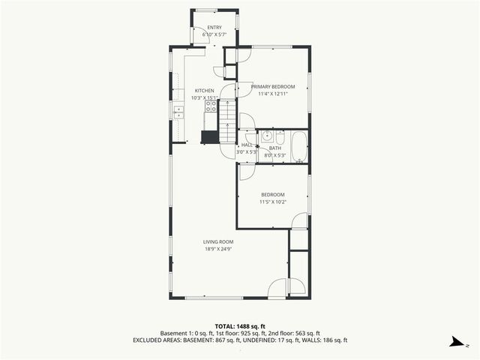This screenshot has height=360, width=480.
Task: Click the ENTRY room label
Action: coord(214,28)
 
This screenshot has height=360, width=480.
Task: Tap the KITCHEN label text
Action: coord(205,91)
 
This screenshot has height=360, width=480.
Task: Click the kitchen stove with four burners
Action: coord(210,106)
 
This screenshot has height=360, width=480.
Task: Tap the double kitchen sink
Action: coord(178,112)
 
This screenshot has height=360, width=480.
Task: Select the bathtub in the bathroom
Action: coord(298,148)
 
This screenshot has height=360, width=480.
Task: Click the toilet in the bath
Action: coord(280,139)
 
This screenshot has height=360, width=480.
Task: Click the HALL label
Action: coord(247,145)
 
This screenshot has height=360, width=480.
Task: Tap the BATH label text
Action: coord(274,148)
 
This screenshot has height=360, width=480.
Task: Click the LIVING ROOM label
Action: coord(218,241)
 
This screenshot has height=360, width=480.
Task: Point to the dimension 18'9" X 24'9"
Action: coord(218,248)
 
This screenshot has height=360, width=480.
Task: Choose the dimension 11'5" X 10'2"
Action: coord(272,202)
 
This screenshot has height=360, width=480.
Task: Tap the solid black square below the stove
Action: coord(209,137)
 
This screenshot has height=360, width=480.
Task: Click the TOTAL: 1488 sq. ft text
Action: coord(239,326)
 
